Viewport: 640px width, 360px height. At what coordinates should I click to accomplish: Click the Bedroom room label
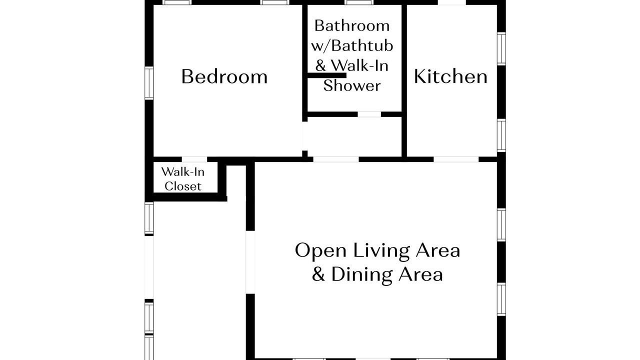point(224,76)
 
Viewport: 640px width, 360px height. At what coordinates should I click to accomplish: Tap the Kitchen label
point(450,76)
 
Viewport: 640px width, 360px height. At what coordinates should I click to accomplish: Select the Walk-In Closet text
point(183,179)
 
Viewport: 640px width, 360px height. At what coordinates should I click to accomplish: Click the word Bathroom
point(352,25)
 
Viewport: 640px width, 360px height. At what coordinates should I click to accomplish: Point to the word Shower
point(352,85)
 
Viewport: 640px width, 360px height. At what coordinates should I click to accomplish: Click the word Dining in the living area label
point(362,275)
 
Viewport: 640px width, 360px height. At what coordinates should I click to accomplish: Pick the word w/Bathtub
point(352,45)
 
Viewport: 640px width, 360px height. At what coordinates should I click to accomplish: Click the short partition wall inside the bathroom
point(327,75)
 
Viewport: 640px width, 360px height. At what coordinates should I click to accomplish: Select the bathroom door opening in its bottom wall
point(369,114)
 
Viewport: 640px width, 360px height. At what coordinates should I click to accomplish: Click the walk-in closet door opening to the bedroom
point(194,159)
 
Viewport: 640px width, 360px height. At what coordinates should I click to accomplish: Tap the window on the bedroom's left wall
point(149,83)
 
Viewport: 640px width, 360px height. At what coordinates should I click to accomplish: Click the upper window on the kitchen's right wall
point(501,48)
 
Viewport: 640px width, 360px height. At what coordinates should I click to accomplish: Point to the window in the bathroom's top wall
point(359,2)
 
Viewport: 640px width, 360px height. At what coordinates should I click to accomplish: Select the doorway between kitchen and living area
point(456,159)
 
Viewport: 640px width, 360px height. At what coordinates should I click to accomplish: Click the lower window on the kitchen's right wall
point(501,135)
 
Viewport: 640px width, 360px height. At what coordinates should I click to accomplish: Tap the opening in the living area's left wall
point(250,262)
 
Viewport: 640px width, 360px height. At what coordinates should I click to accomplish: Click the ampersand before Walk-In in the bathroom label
point(320,65)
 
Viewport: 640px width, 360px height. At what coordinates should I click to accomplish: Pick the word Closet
point(183,186)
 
